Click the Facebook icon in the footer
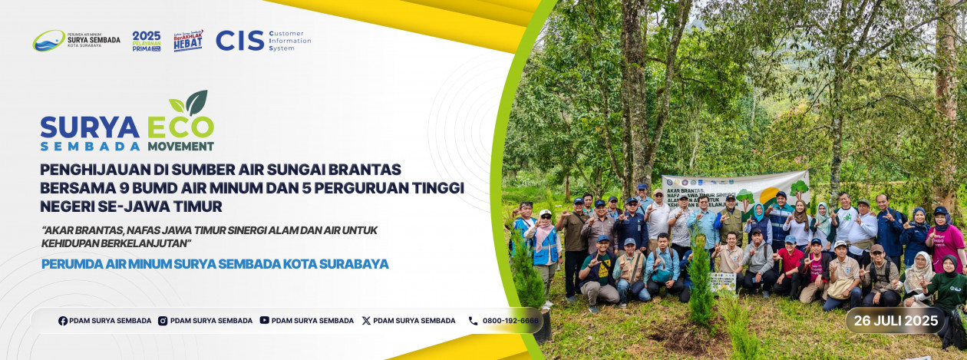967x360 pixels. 63,321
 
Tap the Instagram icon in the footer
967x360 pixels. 163,321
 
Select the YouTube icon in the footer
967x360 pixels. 264,321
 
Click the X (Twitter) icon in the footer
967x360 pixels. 366,321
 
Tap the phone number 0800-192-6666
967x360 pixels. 510,321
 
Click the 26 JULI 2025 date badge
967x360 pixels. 896,321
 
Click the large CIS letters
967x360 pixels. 239,41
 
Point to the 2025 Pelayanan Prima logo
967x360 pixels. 147,41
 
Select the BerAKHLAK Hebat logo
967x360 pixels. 189,40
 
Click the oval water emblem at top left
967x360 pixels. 48,41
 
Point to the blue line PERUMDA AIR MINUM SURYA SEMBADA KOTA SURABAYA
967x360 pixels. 215,264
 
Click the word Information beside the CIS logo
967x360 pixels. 290,41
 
